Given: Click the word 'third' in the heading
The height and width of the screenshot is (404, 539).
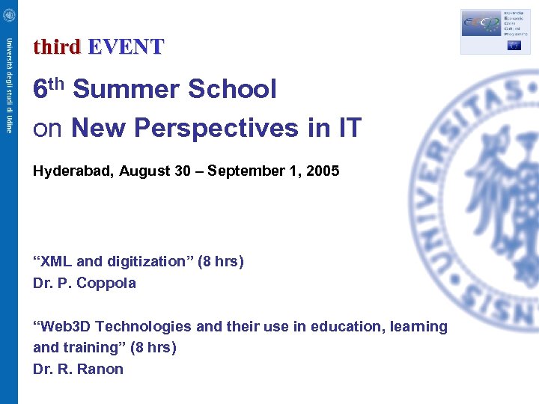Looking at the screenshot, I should (56, 47).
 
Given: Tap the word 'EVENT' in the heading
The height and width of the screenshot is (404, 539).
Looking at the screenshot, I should (125, 47).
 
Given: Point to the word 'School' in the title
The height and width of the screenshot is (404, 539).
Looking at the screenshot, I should (233, 90).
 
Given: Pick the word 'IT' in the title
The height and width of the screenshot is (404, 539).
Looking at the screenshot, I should (349, 129).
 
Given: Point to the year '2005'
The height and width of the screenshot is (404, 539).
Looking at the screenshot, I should (323, 171).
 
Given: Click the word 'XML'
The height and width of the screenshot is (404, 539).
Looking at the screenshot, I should (57, 262).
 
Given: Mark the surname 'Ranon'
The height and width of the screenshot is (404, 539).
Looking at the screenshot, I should (101, 370).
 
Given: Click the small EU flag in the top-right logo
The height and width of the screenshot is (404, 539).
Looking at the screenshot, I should (514, 45).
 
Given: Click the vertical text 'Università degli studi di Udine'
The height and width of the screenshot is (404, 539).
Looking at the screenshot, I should (9, 85).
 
